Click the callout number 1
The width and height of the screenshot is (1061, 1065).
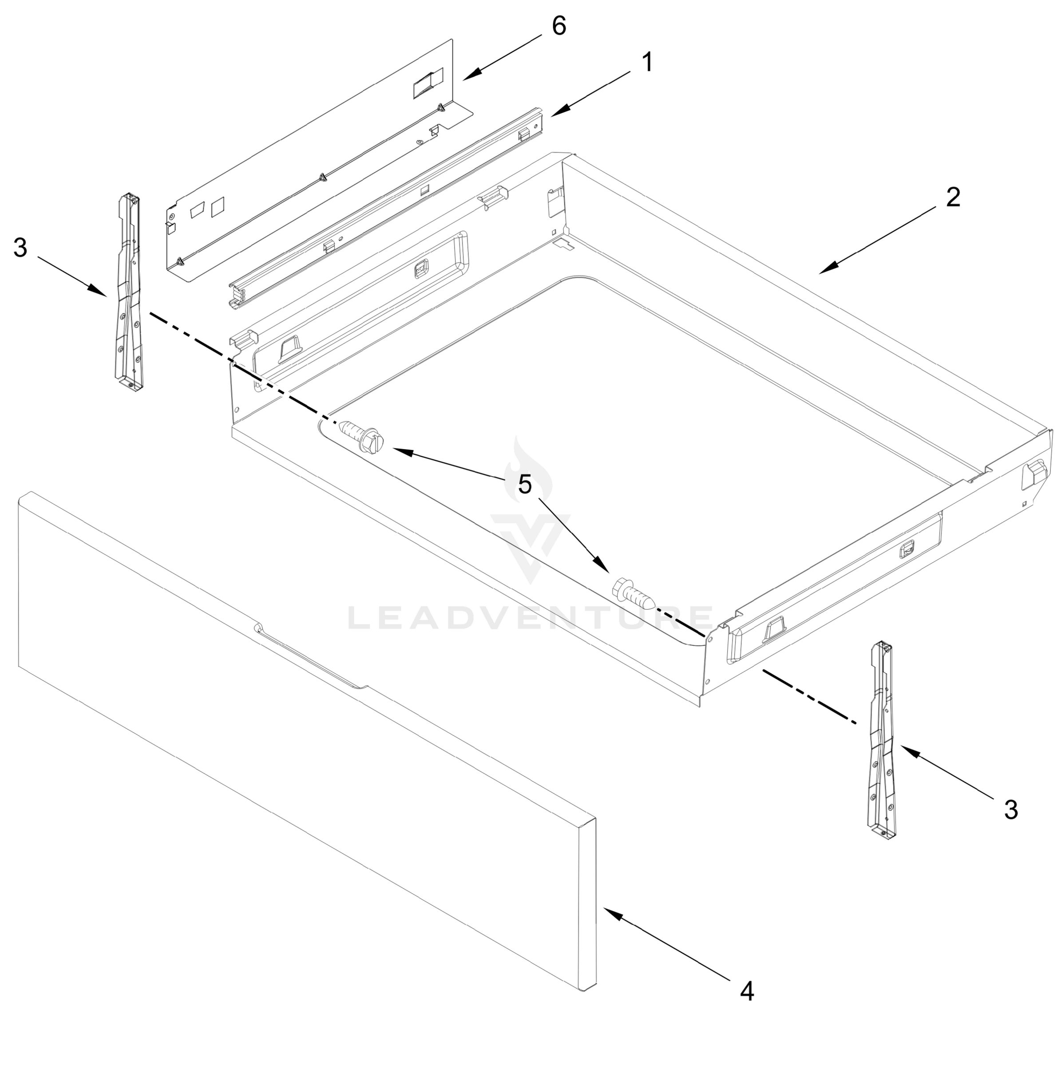(x=647, y=62)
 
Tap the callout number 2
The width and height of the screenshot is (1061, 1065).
(x=953, y=197)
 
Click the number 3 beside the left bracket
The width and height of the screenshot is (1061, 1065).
(x=20, y=248)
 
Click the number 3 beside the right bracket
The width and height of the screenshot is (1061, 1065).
(x=1010, y=810)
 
